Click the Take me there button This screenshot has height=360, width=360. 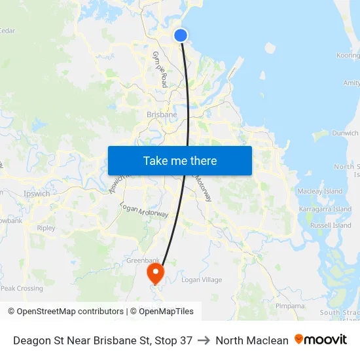180,160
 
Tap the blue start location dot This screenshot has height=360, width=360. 181,35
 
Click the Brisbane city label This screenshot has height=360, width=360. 162,115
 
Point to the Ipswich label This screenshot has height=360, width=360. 37,194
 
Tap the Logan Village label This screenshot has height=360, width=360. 202,280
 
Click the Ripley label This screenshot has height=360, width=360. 46,228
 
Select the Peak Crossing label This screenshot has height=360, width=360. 22,288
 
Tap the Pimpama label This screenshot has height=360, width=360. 290,306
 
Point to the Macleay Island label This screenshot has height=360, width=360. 320,191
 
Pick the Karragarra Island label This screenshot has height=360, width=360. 325,209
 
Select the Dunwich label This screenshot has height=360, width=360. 345,134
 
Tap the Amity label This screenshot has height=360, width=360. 351,83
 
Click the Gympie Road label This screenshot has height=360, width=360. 160,69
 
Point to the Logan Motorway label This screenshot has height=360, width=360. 145,210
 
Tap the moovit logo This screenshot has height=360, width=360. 321,340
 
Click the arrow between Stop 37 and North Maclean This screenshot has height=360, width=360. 204,340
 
